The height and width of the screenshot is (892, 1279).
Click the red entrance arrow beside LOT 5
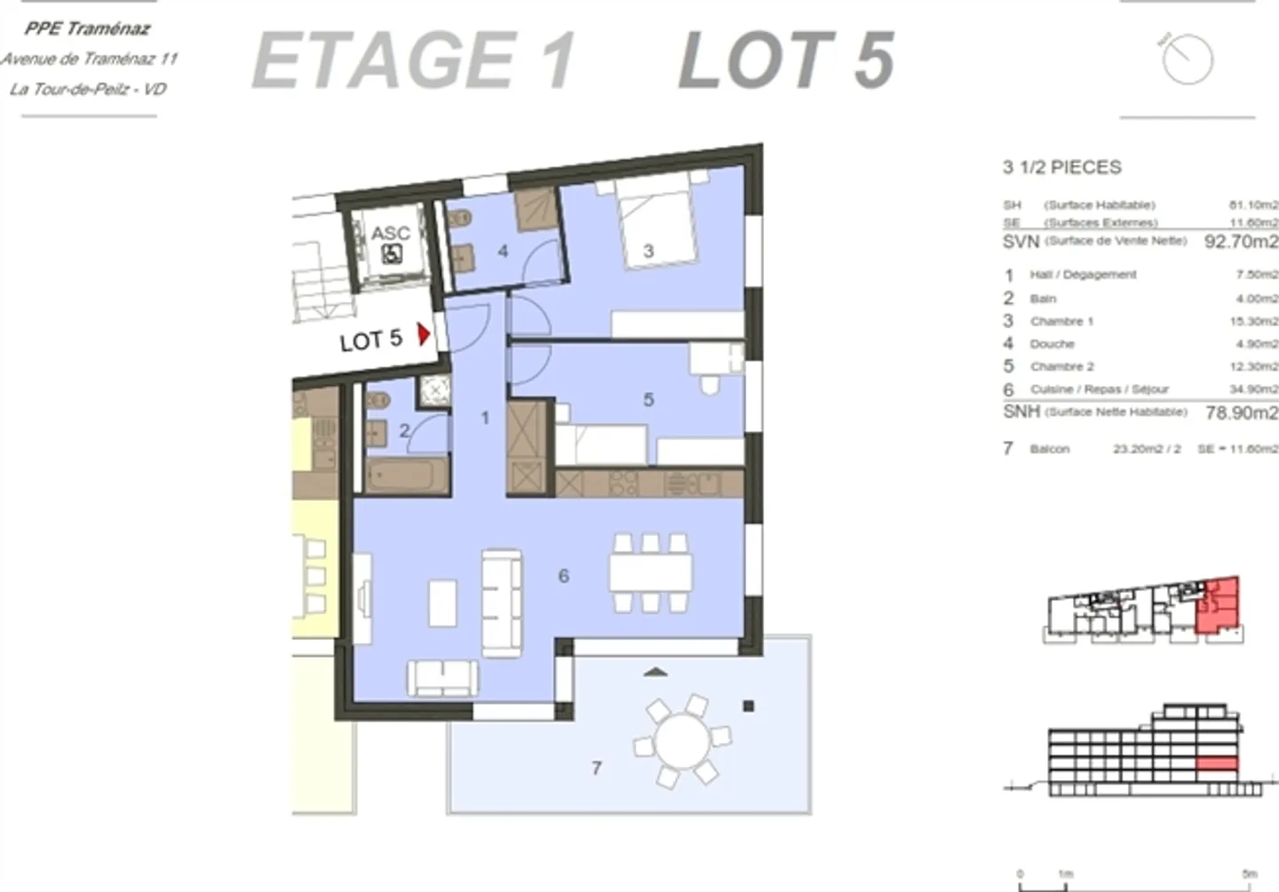[x=425, y=335]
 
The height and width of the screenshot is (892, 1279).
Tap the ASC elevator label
[x=390, y=233]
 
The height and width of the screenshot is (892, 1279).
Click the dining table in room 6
[x=651, y=572]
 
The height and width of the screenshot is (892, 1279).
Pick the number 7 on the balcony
[x=597, y=768]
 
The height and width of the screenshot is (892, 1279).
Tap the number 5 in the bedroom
[x=648, y=399]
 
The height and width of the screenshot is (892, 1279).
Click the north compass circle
[x=1188, y=59]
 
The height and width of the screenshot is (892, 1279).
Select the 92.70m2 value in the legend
[x=1241, y=241]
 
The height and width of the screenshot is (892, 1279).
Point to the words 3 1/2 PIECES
[x=1062, y=167]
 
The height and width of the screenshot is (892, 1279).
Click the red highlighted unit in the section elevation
[x=1217, y=763]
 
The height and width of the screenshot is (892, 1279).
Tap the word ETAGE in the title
[x=384, y=60]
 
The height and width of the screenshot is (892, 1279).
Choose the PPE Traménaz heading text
[x=87, y=28]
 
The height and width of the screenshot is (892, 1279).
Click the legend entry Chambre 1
[x=1061, y=321]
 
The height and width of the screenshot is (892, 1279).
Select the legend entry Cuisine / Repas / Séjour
[x=1099, y=390]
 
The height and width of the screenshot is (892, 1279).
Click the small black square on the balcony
[x=749, y=706]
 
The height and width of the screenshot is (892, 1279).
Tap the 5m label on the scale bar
[x=1250, y=874]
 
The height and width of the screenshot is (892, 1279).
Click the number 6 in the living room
[x=563, y=576]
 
